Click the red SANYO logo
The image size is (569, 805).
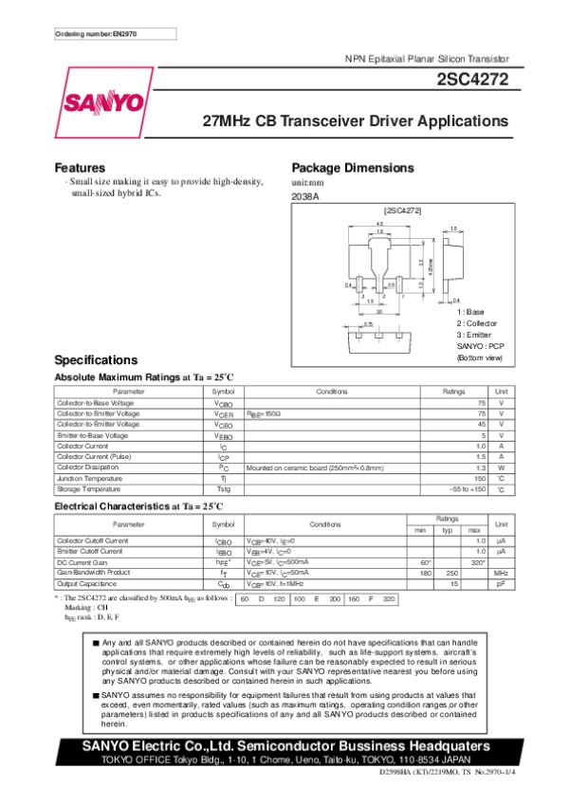(105, 103)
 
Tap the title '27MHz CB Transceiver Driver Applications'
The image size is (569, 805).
(357, 121)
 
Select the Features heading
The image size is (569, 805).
(80, 168)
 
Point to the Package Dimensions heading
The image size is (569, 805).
(353, 168)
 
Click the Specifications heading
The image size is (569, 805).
(97, 360)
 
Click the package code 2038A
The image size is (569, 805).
(305, 196)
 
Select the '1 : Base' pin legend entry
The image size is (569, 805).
(470, 312)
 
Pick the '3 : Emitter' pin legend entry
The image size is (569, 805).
(475, 335)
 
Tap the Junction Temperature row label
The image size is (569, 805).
(89, 479)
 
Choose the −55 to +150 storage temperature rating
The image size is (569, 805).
(467, 489)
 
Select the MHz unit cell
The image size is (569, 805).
(502, 573)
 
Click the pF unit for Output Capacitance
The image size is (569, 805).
(502, 584)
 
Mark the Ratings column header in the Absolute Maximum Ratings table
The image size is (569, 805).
(454, 392)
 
